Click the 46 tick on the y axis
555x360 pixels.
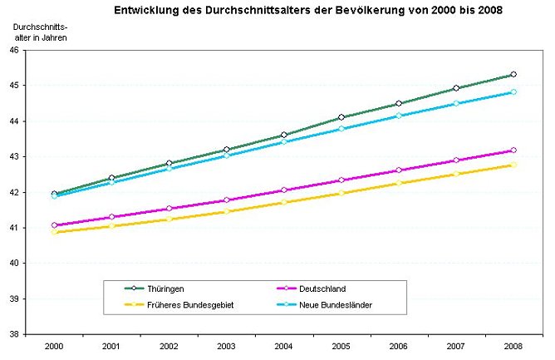click(14, 50)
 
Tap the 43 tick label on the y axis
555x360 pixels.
click(14, 156)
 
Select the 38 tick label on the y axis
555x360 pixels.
click(14, 334)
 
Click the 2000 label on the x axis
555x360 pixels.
click(54, 345)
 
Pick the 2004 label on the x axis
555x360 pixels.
click(284, 345)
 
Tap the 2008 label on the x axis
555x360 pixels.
click(513, 345)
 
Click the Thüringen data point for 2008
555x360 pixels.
click(513, 75)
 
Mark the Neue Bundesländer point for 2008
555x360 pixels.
click(513, 92)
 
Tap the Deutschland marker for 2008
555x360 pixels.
click(513, 150)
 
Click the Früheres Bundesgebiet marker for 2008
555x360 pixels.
click(513, 165)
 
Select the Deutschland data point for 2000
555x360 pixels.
click(54, 225)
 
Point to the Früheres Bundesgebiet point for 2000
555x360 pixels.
click(54, 232)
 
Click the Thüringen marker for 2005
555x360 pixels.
click(341, 117)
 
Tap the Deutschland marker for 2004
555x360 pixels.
click(284, 190)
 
